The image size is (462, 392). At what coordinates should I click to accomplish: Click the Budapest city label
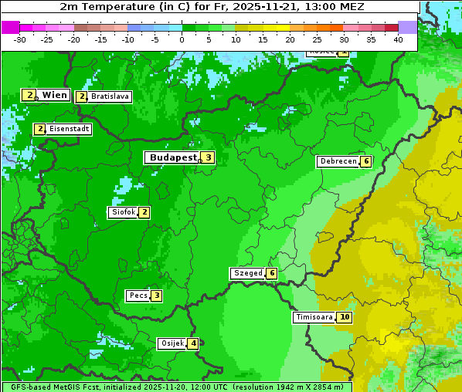coord(173,157)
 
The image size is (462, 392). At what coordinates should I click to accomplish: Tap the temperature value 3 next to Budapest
coord(208,157)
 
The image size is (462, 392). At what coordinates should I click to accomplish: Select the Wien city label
coord(54,95)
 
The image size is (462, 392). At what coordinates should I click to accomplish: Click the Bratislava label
coord(109,97)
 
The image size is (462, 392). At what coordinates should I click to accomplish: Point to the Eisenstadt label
coord(69,129)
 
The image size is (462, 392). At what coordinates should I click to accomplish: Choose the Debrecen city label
coord(338,161)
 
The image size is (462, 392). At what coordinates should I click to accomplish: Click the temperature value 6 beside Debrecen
coord(365,161)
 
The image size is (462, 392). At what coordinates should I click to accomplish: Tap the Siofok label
coord(124,212)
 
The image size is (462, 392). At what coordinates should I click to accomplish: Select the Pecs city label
coord(138,296)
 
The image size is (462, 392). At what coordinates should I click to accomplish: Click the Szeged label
coord(247,273)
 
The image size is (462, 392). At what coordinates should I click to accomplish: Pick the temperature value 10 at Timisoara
coord(344,317)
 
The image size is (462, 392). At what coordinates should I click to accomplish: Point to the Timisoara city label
coord(314,317)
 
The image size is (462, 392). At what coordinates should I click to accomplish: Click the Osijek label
coord(172,343)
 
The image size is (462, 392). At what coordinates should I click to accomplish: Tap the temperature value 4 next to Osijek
coord(193,343)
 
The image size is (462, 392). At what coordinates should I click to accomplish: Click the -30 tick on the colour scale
coord(20,39)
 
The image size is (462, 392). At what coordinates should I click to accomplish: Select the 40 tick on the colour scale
coord(398,39)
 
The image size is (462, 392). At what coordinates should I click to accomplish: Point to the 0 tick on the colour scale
coord(182,39)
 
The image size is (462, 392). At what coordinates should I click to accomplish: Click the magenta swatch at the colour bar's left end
coord(11,27)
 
